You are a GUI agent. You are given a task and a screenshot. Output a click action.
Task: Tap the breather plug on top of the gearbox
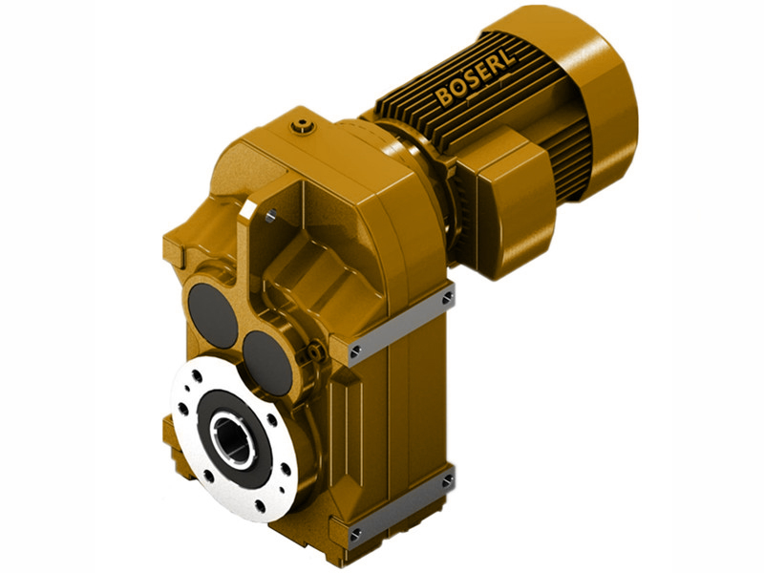point(303,123)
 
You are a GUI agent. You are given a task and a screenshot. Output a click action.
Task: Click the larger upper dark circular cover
point(212,312)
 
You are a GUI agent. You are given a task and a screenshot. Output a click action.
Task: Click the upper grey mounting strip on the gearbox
point(401,325)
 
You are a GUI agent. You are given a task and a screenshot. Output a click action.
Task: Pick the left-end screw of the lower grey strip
point(356,531)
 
